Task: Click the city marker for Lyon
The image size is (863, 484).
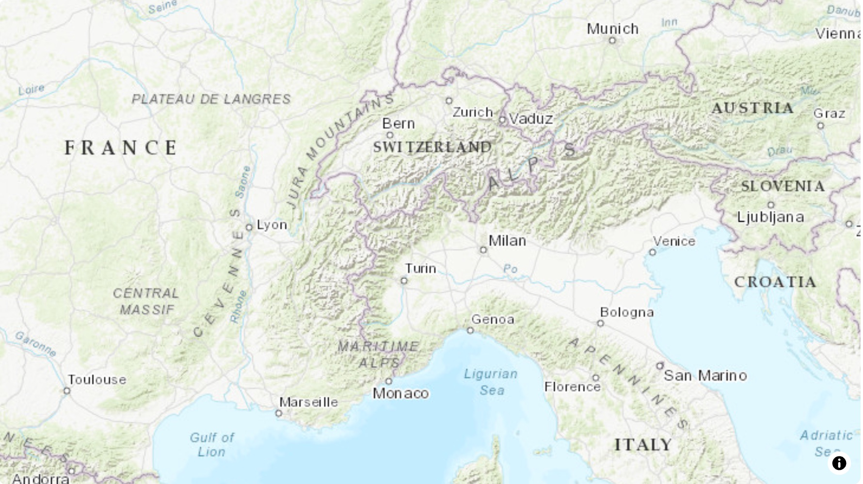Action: pos(249,227)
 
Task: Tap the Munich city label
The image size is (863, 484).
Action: pos(612,29)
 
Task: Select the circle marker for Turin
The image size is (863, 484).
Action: pos(404,281)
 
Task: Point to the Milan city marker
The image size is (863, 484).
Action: pos(483,250)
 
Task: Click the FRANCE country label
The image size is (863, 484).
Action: pos(121,148)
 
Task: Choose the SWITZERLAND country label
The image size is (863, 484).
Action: pos(432,147)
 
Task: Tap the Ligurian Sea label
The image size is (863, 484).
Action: pos(491,382)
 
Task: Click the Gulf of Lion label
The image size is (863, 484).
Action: pos(212,445)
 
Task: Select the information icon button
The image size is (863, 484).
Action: pos(839,463)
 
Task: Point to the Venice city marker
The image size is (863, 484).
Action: pos(653,252)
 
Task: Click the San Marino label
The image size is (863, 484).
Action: pos(705,376)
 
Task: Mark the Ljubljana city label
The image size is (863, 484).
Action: pos(770,217)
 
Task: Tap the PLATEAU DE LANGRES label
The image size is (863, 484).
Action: pos(211,99)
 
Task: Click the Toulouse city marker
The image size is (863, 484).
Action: pos(67,391)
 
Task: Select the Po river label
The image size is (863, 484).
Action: pos(510,269)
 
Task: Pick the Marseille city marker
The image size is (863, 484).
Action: pos(279,414)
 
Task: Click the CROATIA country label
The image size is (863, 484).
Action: pos(775,282)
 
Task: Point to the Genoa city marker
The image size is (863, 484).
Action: pos(470,331)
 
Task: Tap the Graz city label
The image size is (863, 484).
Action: pos(829,114)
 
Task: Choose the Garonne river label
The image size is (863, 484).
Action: pos(35,343)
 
